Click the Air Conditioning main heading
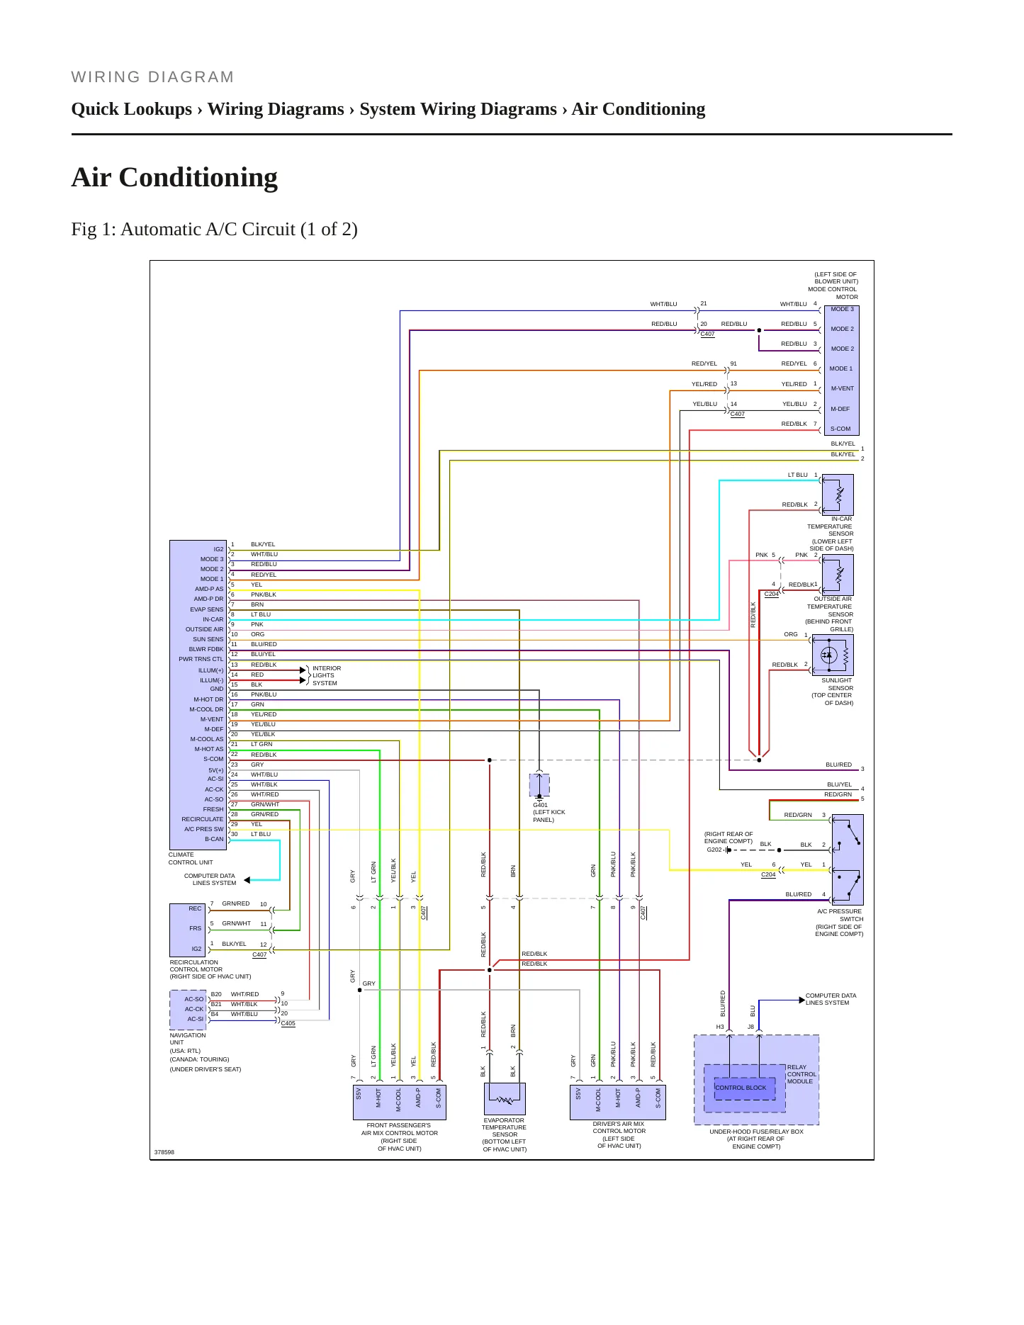click(x=174, y=177)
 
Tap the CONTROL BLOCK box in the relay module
click(x=740, y=1088)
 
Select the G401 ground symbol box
click(x=539, y=785)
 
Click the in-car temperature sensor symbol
click(x=838, y=495)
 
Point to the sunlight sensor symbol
click(x=833, y=655)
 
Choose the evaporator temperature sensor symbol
click(x=505, y=1099)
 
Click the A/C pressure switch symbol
click(x=848, y=859)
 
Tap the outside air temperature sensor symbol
click(x=838, y=575)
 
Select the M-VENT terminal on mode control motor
click(x=842, y=388)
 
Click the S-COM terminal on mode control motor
click(x=840, y=429)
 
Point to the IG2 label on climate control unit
click(x=218, y=549)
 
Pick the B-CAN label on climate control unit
click(x=214, y=839)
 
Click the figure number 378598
click(x=164, y=1152)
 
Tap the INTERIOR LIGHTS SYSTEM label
click(x=327, y=675)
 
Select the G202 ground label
click(x=714, y=850)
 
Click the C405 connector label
click(x=288, y=1023)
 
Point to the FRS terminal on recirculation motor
click(x=195, y=928)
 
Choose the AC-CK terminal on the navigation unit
click(x=194, y=1009)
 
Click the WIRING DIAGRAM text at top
click(x=152, y=77)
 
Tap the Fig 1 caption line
click(x=214, y=230)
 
